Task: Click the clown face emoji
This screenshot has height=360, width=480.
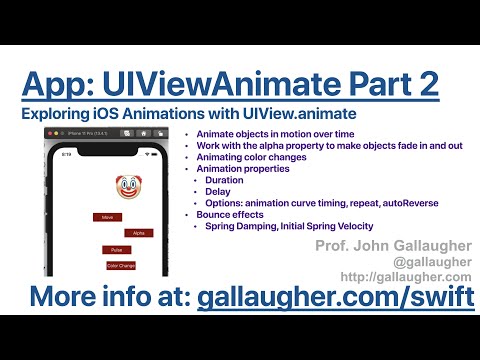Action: (x=127, y=187)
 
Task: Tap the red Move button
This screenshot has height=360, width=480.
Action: (x=107, y=217)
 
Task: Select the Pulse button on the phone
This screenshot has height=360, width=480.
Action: (x=116, y=249)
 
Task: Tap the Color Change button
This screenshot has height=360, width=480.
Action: (x=121, y=265)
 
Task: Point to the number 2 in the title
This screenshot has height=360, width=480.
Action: (x=425, y=82)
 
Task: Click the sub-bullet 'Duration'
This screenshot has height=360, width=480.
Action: (x=226, y=179)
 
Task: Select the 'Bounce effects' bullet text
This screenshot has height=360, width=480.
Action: (x=230, y=215)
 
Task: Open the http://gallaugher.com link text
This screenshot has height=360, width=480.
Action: (x=405, y=277)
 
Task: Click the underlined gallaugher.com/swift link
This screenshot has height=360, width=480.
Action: (x=335, y=298)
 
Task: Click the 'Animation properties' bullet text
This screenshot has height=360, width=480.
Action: (x=241, y=169)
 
